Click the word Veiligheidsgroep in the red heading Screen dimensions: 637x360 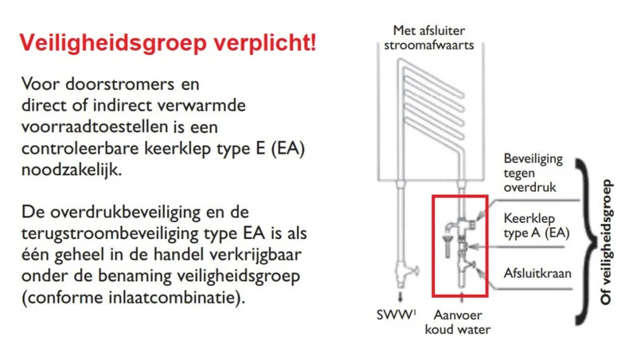click(x=113, y=44)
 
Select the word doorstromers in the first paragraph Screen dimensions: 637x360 click(x=120, y=84)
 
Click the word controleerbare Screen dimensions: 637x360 click(x=80, y=148)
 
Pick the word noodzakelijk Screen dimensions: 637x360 click(x=72, y=170)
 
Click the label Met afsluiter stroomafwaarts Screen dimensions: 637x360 click(x=429, y=37)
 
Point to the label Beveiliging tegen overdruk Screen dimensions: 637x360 click(x=533, y=173)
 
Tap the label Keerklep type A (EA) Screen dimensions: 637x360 click(x=536, y=225)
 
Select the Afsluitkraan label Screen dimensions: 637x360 click(x=537, y=273)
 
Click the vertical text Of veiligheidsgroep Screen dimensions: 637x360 click(x=606, y=242)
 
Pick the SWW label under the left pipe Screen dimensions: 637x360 click(x=396, y=315)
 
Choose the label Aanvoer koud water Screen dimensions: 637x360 click(x=457, y=323)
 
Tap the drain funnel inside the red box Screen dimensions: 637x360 click(x=447, y=245)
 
